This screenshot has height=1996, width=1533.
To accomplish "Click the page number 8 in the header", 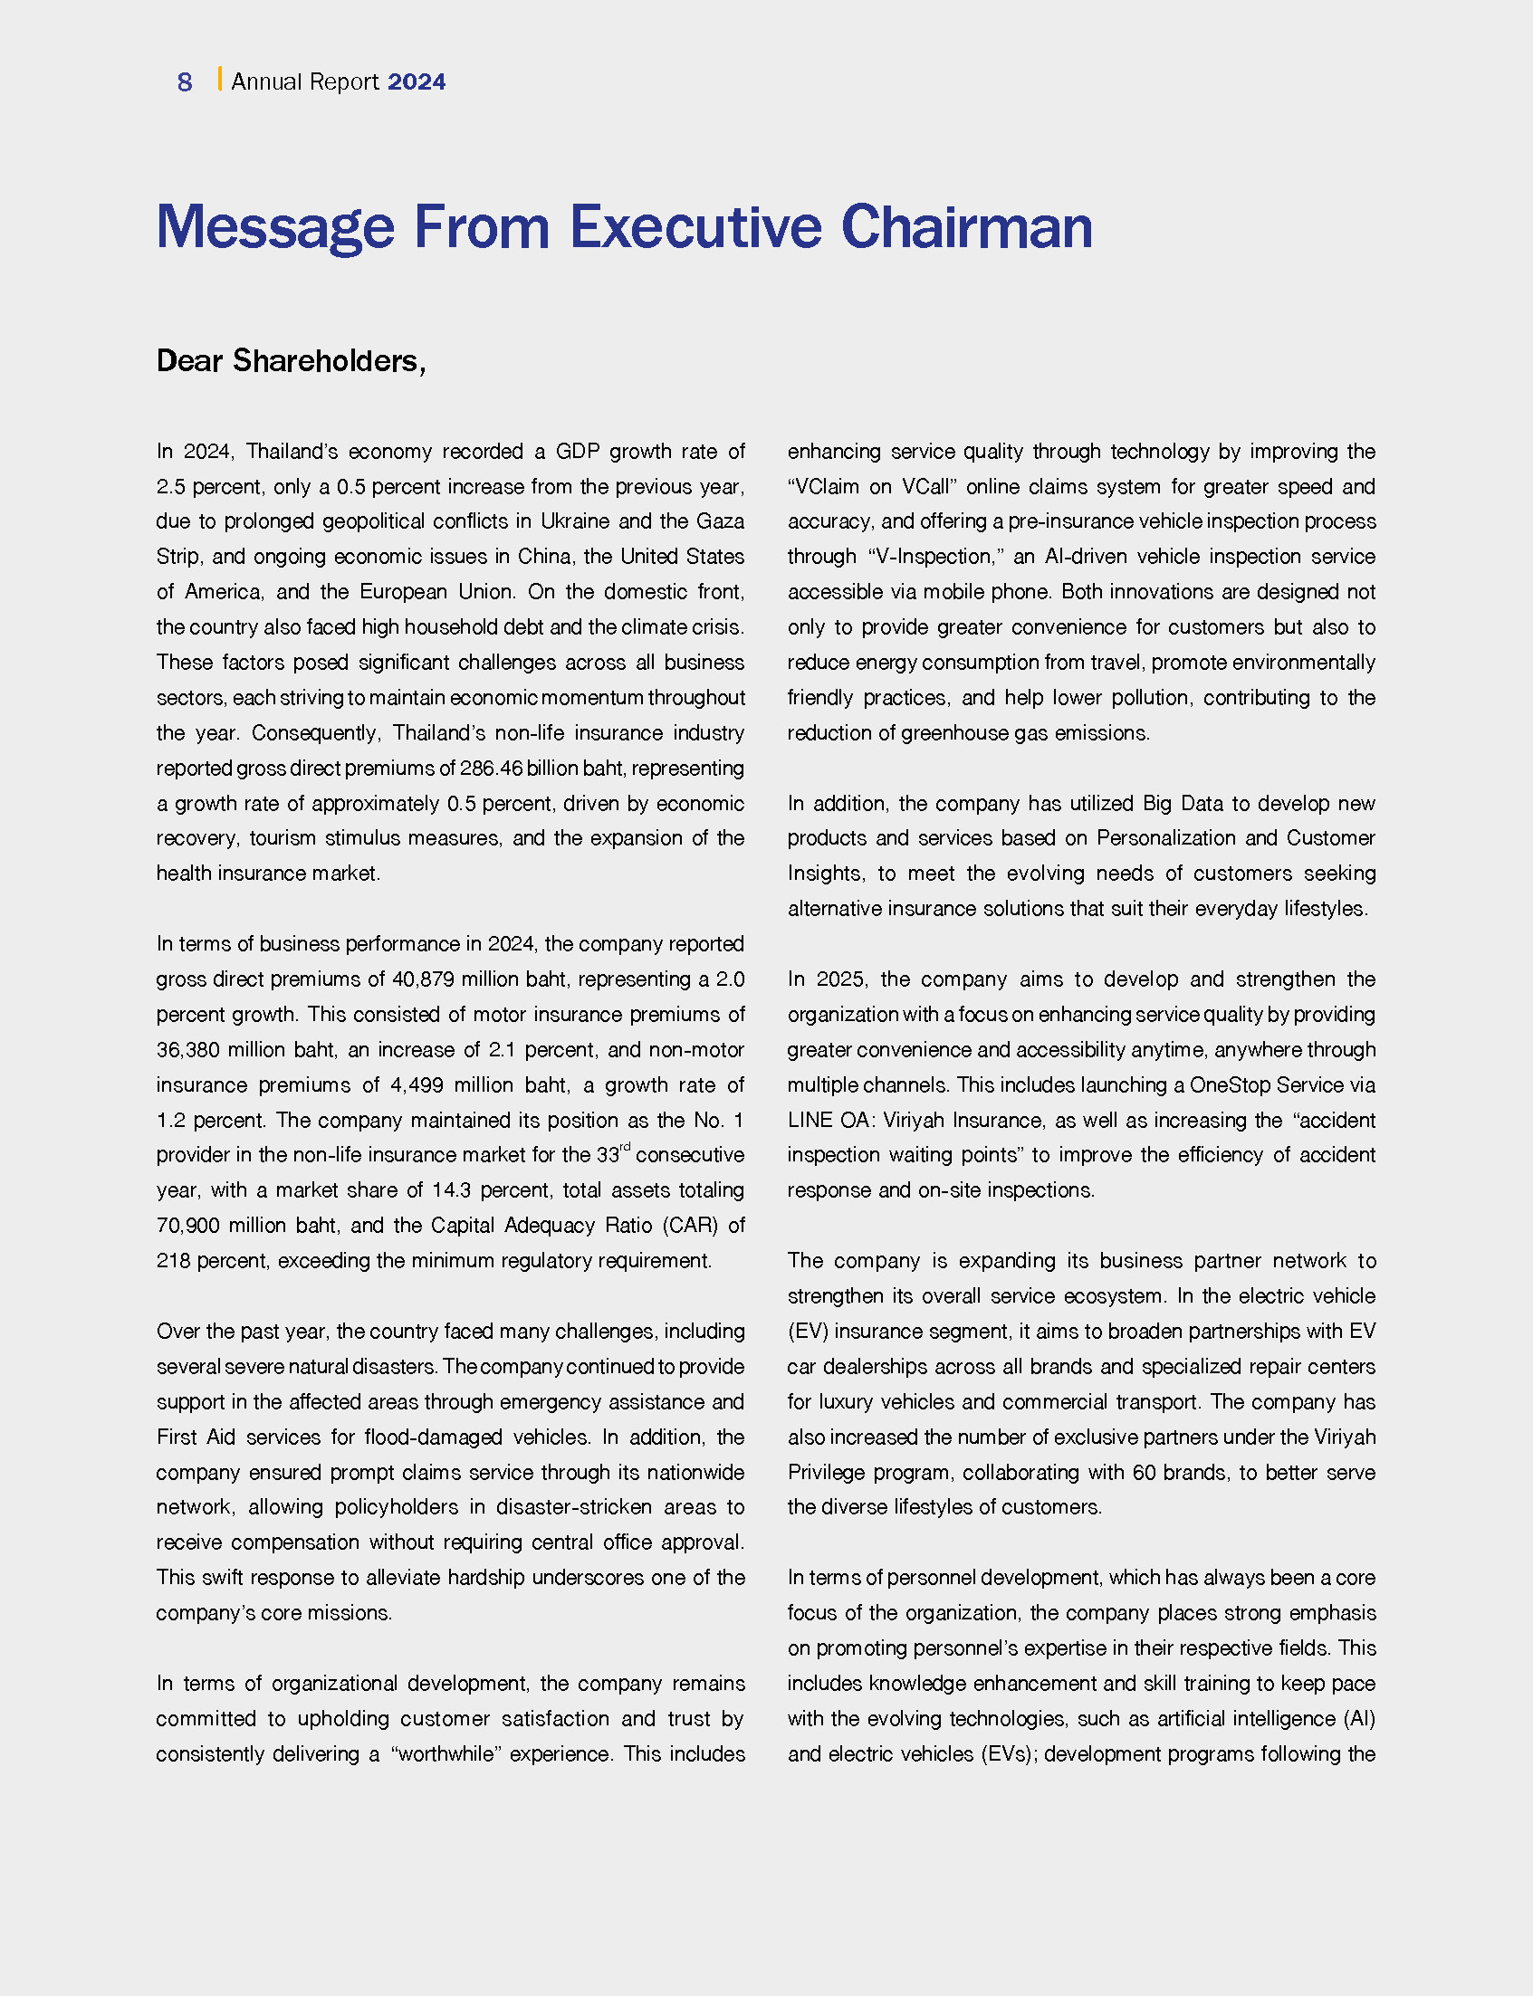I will [x=185, y=82].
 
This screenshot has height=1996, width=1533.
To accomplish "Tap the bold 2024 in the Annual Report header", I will [x=417, y=82].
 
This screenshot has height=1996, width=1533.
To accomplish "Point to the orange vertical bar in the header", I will [x=219, y=80].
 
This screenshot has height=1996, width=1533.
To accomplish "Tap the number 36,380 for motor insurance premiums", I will [x=188, y=1049].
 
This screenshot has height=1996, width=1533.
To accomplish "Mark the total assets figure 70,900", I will [x=188, y=1225].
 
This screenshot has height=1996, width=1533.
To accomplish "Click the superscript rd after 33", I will [x=625, y=1148].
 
